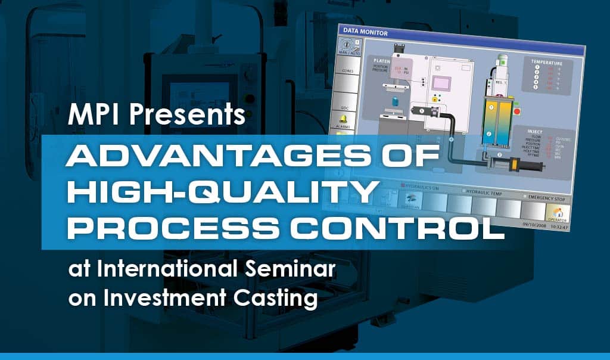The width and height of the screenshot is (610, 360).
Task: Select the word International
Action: point(173,272)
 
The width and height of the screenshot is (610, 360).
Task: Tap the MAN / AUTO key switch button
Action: point(349,48)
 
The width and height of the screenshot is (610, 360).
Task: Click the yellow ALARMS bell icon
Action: point(344,120)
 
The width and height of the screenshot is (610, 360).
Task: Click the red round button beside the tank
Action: point(516,111)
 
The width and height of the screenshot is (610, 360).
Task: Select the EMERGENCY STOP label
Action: point(544,197)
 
